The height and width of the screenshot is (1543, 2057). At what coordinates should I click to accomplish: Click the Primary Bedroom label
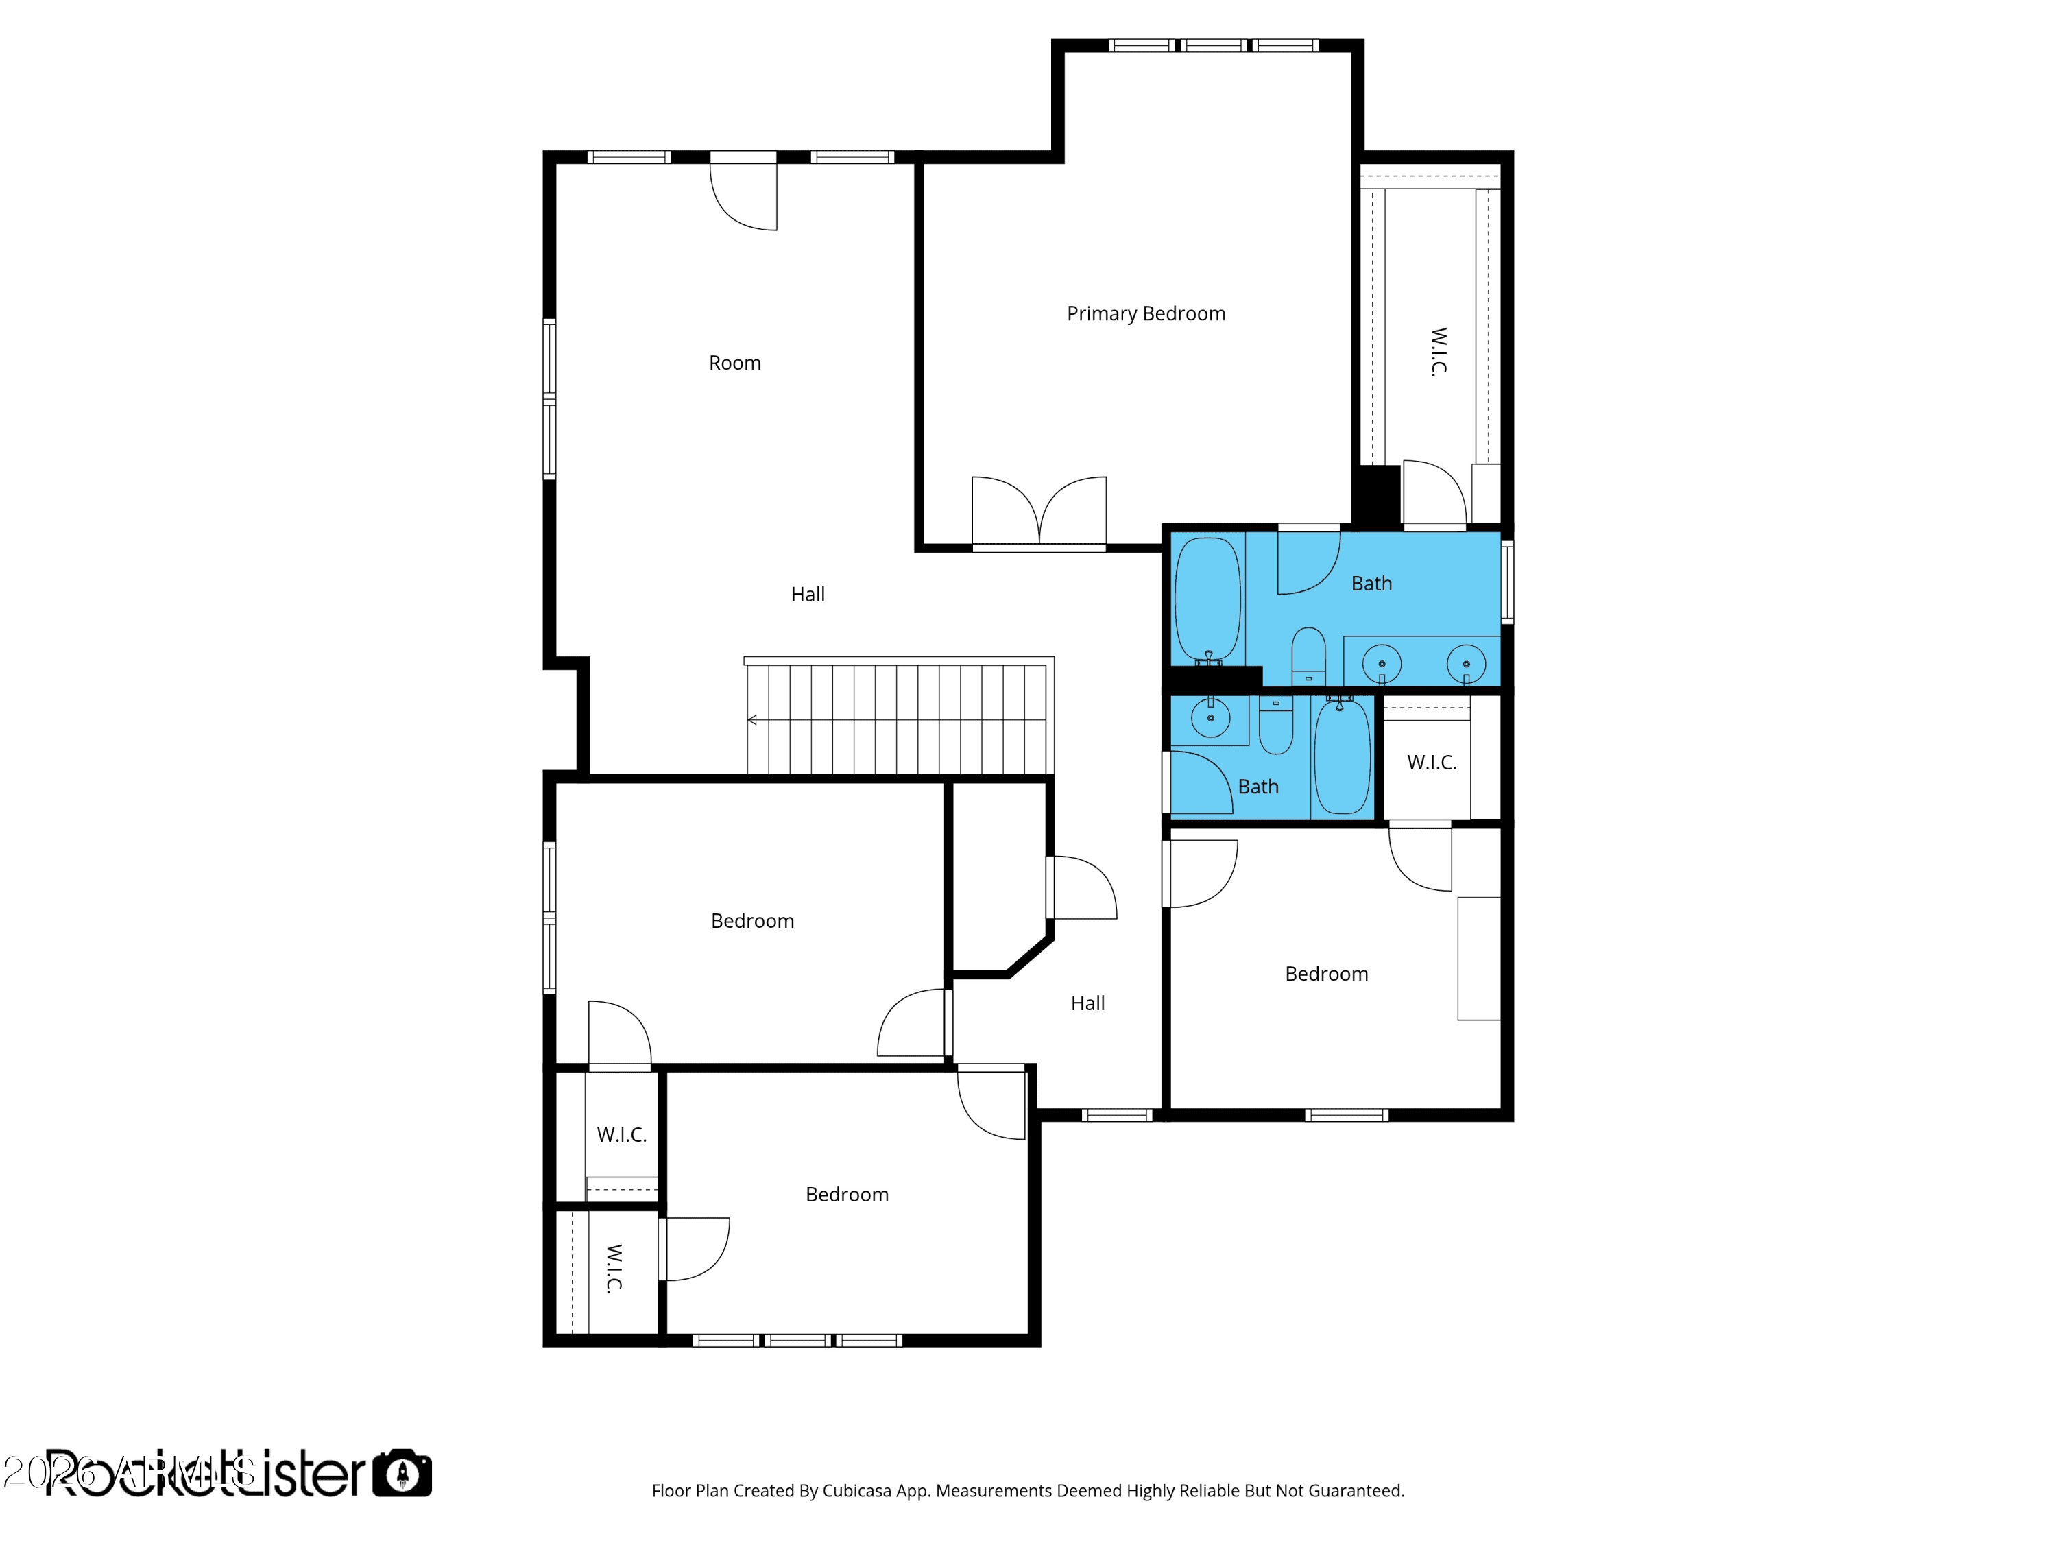1146,313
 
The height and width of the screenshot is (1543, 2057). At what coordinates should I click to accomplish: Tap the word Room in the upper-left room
734,363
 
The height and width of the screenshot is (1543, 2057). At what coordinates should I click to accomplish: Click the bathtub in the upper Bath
1207,600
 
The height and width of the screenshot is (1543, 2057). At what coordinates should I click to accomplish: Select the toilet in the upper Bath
1308,655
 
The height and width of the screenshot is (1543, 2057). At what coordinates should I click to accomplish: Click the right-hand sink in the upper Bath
1465,664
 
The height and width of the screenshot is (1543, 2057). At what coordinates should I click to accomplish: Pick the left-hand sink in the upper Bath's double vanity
1382,664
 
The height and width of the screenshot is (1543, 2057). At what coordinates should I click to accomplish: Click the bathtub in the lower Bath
1342,756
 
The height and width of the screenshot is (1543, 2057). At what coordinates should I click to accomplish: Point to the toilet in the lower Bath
1276,726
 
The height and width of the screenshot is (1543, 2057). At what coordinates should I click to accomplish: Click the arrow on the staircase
752,720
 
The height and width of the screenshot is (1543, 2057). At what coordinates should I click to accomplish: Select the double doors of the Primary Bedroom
1039,512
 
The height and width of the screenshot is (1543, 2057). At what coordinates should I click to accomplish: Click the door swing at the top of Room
744,195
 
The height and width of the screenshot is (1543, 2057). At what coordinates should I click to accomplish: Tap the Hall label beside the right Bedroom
1087,1003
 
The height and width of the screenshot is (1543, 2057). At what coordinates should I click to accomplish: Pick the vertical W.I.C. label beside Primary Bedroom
1438,352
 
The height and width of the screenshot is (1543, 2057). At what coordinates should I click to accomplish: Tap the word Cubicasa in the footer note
856,1491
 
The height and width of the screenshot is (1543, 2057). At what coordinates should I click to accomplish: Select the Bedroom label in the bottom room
846,1194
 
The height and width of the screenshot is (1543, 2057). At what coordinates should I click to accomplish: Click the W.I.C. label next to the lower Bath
1431,763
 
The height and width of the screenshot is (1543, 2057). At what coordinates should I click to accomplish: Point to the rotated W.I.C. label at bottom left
614,1269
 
